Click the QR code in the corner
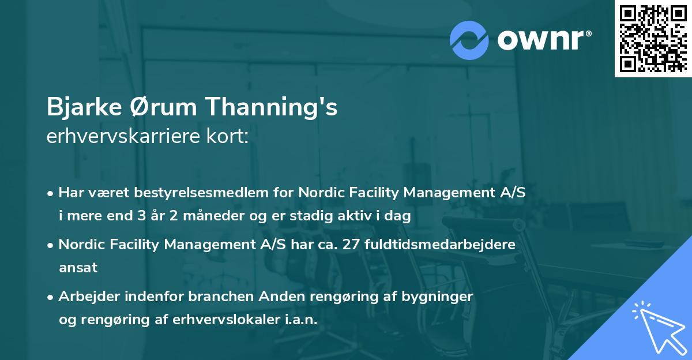click(x=653, y=39)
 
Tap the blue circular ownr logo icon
click(x=469, y=40)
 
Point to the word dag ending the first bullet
click(x=399, y=216)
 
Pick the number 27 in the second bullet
click(x=349, y=244)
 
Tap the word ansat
click(x=78, y=268)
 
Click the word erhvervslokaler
click(x=221, y=319)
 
